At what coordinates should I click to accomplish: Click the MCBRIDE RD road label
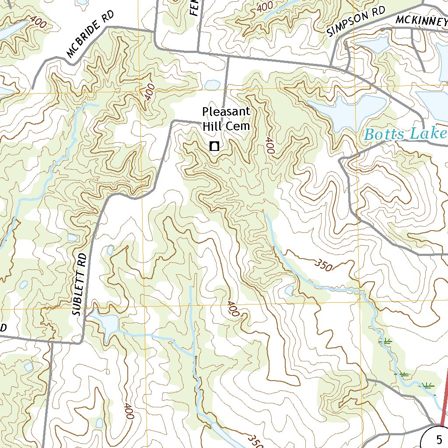[x=90, y=35]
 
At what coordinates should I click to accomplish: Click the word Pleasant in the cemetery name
[x=226, y=112]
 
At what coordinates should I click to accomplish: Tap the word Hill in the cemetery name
[x=212, y=126]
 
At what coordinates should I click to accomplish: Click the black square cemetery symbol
[x=214, y=147]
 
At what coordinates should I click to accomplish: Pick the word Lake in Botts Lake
[x=429, y=134]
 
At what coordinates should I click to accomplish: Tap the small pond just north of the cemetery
[x=212, y=84]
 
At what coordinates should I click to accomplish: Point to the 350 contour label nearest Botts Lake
[x=324, y=264]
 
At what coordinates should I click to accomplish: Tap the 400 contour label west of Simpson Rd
[x=265, y=7]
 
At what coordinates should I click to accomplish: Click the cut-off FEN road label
[x=195, y=8]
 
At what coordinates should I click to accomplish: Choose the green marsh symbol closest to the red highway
[x=426, y=385]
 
